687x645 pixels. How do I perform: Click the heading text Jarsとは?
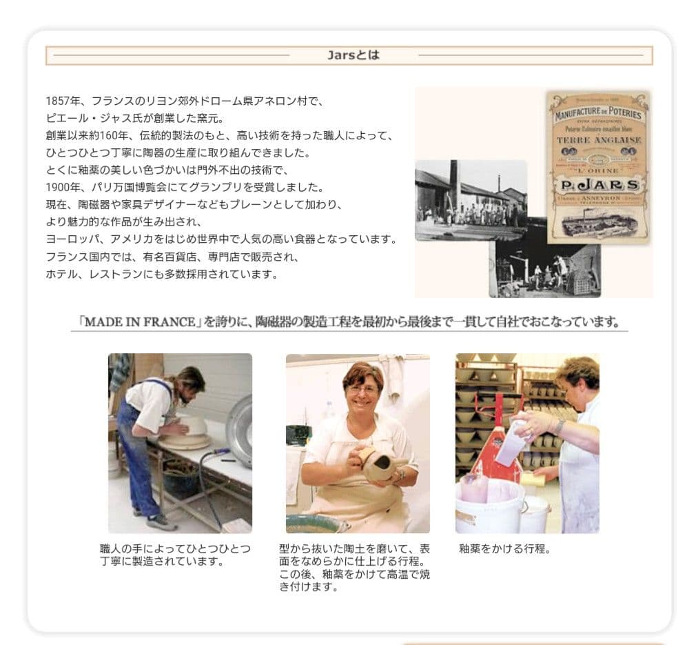tap(353, 55)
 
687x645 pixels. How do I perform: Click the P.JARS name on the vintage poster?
tap(599, 186)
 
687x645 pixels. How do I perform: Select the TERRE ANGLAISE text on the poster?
tap(599, 140)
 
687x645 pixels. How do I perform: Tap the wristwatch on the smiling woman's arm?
tap(400, 475)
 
